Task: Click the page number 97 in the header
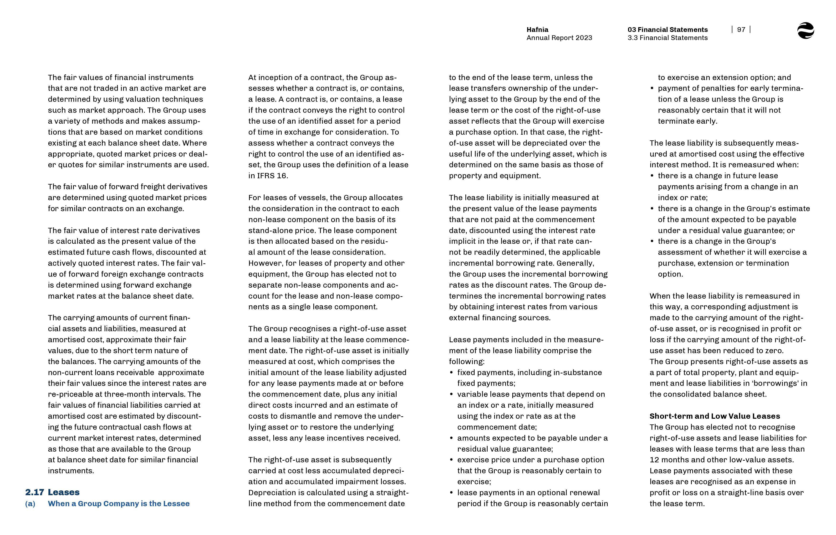(741, 30)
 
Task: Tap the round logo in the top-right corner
(805, 31)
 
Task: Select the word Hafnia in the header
(537, 30)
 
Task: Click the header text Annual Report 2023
(559, 38)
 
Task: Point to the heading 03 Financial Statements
(667, 30)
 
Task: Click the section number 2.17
(34, 492)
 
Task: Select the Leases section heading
(64, 492)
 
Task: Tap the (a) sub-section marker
(30, 504)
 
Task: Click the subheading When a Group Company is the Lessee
(118, 504)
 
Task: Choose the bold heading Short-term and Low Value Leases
(714, 416)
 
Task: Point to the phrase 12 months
(669, 460)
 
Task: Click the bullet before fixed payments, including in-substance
(452, 373)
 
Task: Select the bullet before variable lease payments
(452, 395)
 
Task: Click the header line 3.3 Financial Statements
(667, 38)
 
